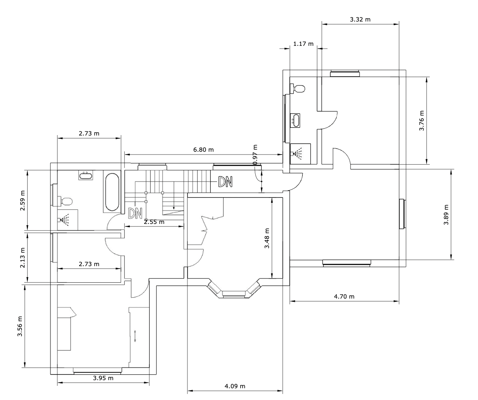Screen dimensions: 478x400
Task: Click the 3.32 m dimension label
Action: click(x=360, y=19)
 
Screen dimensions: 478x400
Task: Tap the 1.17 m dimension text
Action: click(x=304, y=44)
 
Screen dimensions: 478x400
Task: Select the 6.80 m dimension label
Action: click(x=203, y=150)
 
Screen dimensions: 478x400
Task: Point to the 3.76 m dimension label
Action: click(x=422, y=120)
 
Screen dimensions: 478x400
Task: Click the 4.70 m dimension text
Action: click(x=344, y=296)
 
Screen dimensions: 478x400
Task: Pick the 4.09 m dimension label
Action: click(x=235, y=386)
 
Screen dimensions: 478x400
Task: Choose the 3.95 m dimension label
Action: click(x=103, y=378)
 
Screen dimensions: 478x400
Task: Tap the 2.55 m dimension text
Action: click(x=154, y=222)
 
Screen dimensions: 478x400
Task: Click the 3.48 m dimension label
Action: click(x=267, y=239)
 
